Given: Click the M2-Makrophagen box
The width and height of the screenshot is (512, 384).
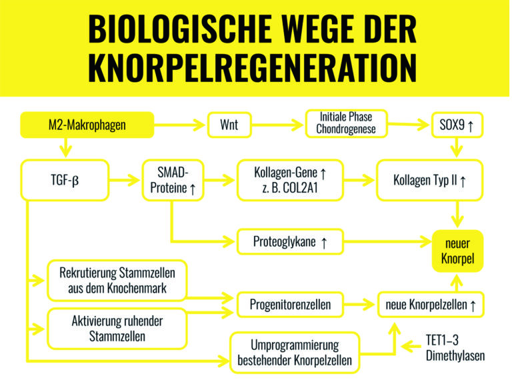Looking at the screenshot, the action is point(87,125).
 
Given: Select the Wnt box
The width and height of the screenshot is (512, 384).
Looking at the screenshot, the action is point(229,125).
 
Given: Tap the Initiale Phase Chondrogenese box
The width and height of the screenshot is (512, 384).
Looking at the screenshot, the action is point(346,123).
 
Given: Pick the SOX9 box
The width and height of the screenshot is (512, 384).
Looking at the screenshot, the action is point(457,125).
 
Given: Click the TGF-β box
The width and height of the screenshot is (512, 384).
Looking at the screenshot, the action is point(65,180).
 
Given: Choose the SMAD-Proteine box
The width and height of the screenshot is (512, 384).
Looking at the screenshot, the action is point(173,180).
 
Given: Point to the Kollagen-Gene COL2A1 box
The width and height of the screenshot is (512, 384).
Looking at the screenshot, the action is point(290,180).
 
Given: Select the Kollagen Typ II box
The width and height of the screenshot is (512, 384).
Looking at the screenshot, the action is point(429,180).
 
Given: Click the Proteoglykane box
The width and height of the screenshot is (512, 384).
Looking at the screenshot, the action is point(290,241).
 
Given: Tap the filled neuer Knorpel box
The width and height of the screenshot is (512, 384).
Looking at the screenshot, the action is point(457,251).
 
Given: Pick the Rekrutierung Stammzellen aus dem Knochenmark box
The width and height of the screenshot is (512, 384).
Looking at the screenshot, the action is point(117,280).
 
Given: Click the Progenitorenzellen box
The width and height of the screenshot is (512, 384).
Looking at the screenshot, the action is point(290,304).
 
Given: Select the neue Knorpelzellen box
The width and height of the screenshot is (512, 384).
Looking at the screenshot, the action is point(431,304).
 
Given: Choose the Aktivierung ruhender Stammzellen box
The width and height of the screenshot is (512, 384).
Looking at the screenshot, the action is point(117,329).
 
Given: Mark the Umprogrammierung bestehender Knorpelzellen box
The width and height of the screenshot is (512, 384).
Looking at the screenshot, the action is point(295,352).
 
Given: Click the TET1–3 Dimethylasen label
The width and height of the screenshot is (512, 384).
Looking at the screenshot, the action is point(455,348).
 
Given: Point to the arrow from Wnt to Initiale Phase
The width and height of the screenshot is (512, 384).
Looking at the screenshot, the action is point(277,125).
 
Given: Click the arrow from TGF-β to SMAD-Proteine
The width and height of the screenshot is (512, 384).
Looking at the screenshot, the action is point(125,180).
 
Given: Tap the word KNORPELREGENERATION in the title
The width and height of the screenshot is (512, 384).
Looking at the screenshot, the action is point(253,67).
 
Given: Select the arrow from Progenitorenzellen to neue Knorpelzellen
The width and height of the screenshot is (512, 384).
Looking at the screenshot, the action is point(359,304).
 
